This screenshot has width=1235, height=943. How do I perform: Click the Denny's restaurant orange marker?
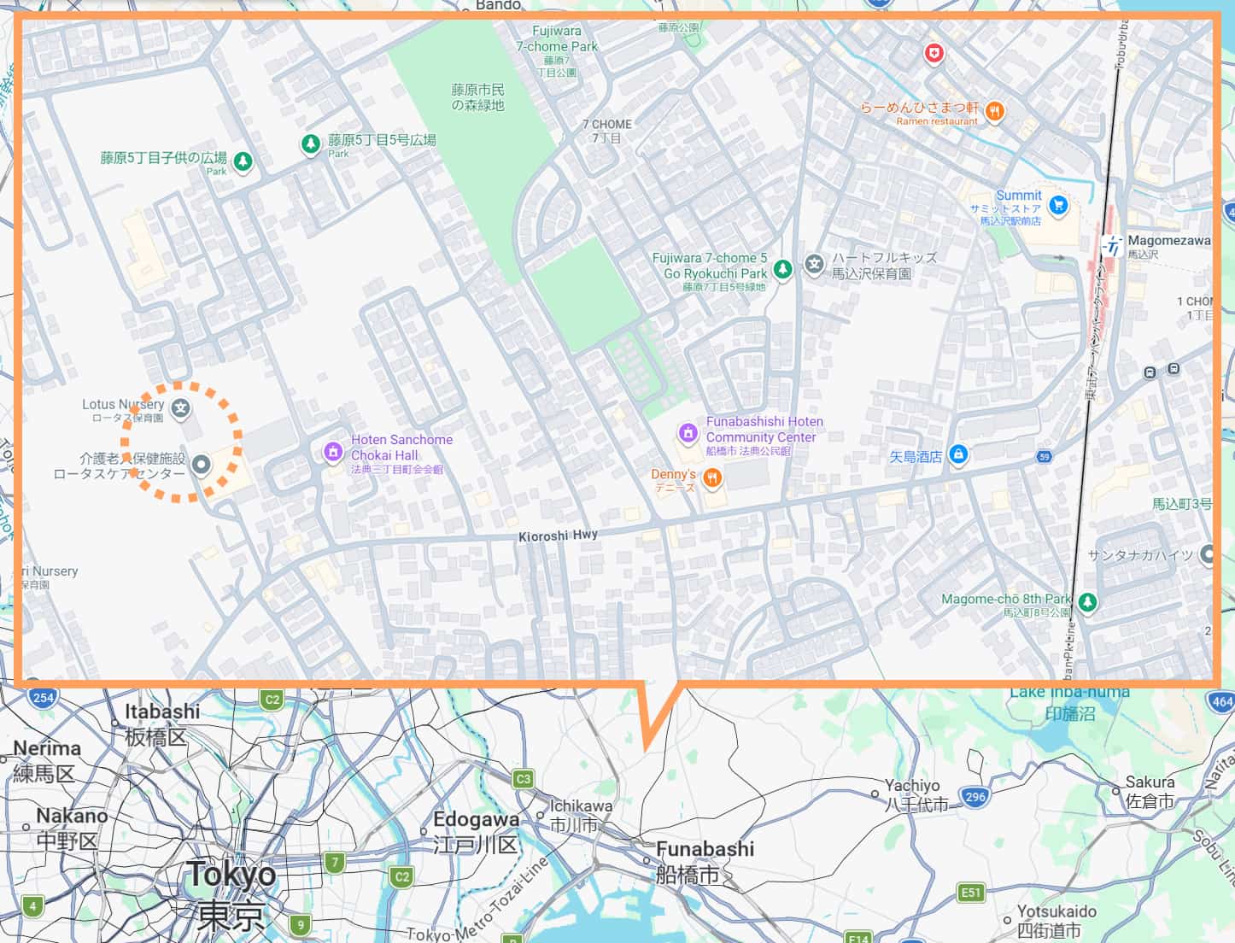(x=712, y=478)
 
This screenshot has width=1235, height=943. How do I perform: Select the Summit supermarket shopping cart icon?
(x=1059, y=205)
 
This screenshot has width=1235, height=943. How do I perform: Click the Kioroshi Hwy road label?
(x=558, y=536)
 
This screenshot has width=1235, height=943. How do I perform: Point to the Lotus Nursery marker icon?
(x=180, y=408)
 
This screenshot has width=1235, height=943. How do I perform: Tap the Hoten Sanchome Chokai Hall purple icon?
(x=333, y=452)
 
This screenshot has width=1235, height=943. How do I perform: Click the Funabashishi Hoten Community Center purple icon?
(x=688, y=433)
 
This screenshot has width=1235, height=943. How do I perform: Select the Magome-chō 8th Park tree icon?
(x=1086, y=602)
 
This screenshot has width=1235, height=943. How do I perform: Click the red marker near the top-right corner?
(x=935, y=55)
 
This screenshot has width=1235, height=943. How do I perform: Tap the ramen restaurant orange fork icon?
(x=993, y=111)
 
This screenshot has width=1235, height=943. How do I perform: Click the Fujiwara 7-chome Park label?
(x=557, y=39)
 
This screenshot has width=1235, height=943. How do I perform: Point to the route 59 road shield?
(x=1044, y=457)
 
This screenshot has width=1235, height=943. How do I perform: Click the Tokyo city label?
(x=231, y=875)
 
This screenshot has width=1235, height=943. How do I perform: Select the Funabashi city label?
(x=705, y=849)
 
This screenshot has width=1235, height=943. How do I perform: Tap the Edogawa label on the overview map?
(x=476, y=820)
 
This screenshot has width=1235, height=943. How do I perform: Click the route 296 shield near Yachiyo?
(x=975, y=796)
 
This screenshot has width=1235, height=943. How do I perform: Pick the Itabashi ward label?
(x=162, y=712)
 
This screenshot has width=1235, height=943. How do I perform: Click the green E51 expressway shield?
(x=970, y=893)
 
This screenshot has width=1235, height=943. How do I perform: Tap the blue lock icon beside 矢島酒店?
(x=957, y=454)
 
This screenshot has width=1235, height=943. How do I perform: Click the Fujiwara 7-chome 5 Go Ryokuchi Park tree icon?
(x=782, y=270)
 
